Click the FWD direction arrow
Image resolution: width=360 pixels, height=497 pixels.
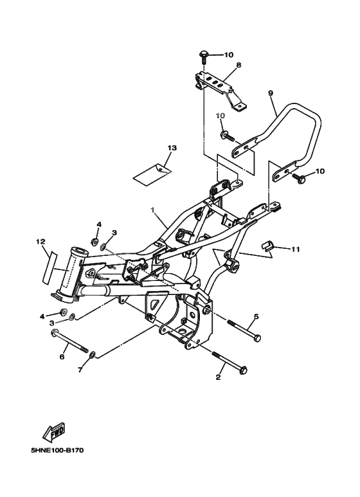[54, 432]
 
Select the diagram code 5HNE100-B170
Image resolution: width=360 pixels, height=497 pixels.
[57, 451]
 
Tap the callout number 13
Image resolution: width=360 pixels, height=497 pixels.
[172, 148]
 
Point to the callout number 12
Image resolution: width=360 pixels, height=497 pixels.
[40, 242]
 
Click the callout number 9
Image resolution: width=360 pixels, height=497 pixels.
[270, 93]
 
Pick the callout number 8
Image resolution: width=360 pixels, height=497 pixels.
[239, 65]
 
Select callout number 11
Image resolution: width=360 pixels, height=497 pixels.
[295, 249]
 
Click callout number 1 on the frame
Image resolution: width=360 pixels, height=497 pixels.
[152, 210]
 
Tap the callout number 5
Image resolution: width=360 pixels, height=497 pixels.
[256, 316]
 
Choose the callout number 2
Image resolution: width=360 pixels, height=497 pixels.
[218, 377]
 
